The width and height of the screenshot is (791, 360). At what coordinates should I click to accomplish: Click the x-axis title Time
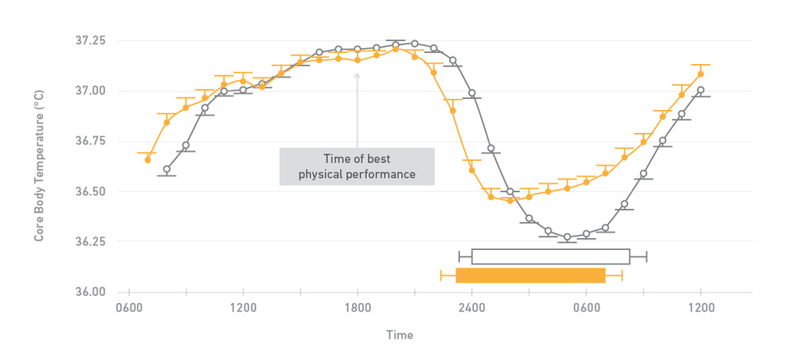tap(399, 335)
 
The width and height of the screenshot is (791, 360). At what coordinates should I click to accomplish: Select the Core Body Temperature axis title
tap(39, 166)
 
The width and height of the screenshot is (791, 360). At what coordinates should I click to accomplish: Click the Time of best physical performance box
tap(357, 166)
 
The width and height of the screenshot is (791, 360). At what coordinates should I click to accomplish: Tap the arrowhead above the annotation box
tap(357, 76)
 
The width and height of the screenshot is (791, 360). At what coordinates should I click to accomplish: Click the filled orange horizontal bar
tap(531, 275)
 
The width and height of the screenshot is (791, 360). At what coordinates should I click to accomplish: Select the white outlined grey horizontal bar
tap(551, 256)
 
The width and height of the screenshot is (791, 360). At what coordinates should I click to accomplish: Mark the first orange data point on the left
tap(147, 160)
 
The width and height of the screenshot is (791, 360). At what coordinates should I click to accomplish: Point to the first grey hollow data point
tap(166, 169)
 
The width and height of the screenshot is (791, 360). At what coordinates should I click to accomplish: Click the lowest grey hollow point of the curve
tap(567, 237)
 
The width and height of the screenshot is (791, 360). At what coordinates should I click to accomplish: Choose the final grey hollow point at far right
tap(700, 90)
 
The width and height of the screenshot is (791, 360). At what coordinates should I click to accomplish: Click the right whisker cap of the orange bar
tap(622, 275)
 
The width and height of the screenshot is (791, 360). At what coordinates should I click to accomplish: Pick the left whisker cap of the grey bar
tap(459, 256)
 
